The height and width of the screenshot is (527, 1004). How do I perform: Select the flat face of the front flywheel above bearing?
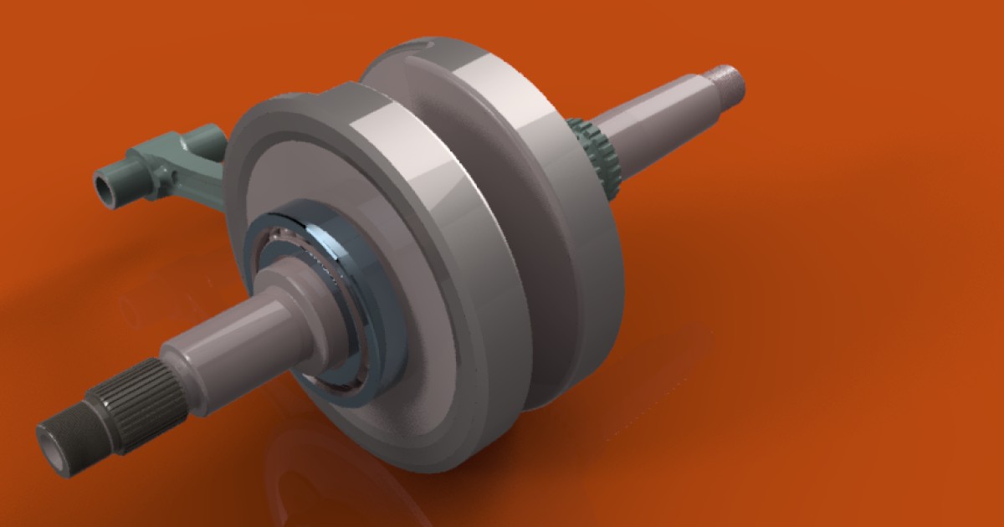tap(284, 167)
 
